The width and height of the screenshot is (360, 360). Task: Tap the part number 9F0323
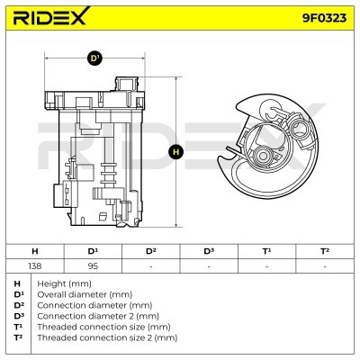click(324, 18)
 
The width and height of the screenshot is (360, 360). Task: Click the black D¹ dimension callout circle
click(94, 58)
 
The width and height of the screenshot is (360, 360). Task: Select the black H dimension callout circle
click(175, 152)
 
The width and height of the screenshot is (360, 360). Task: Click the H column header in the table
click(35, 251)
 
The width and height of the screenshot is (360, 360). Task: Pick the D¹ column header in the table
click(93, 251)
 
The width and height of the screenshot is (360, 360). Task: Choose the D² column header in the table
click(150, 251)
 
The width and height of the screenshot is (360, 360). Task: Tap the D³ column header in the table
click(209, 251)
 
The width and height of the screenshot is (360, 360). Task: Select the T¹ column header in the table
click(266, 251)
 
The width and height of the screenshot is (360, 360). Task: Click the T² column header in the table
click(325, 251)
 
